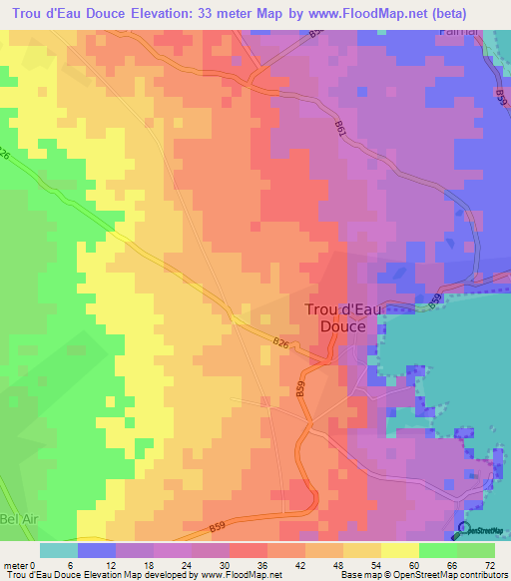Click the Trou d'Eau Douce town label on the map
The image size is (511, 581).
[x=342, y=317]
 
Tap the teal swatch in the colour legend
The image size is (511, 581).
[x=59, y=551]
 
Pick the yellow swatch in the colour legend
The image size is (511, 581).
[x=399, y=551]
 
